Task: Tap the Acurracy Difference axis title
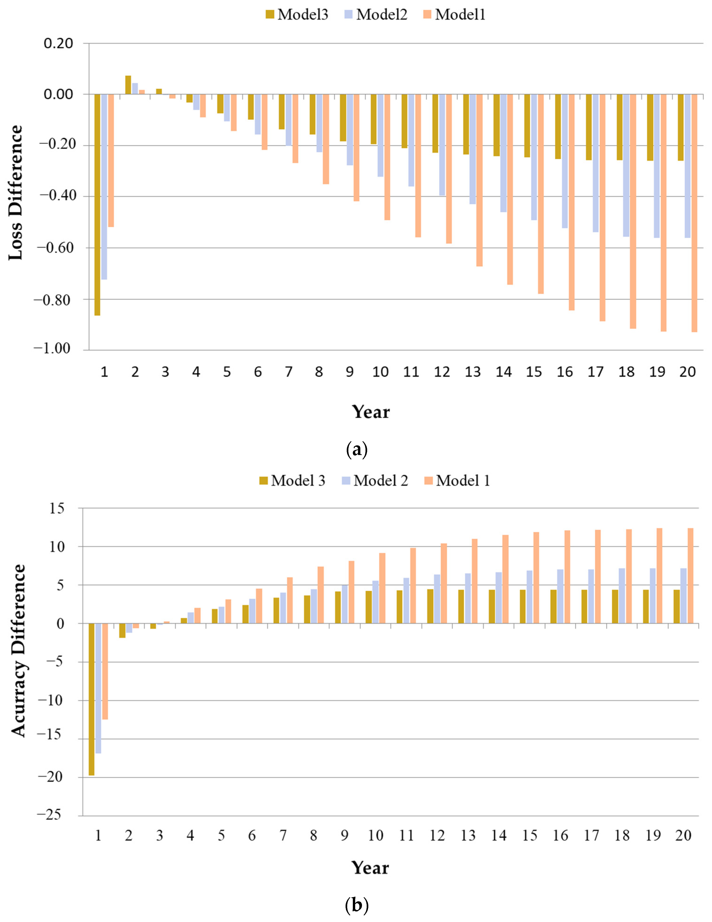(18, 651)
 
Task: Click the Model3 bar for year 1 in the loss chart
(97, 205)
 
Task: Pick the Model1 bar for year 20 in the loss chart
(694, 213)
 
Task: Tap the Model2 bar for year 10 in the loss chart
(381, 135)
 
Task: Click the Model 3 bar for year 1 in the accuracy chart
(91, 699)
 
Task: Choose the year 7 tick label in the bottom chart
(283, 835)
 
